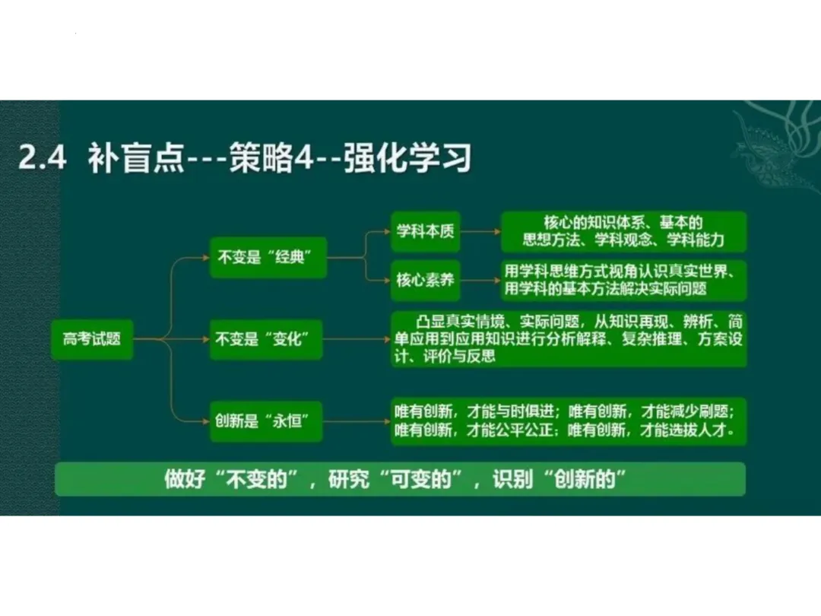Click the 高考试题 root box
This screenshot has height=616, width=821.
92,338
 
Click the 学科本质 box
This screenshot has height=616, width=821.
426,230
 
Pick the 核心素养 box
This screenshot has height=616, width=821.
426,280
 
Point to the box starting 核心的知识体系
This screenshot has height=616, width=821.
623,231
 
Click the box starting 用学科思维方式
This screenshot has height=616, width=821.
623,280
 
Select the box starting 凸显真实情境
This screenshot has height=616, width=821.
569,338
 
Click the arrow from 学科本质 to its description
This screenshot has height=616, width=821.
480,230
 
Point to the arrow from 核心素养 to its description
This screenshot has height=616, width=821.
480,280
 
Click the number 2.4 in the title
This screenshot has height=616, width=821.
42,158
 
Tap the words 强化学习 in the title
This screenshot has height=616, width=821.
407,158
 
